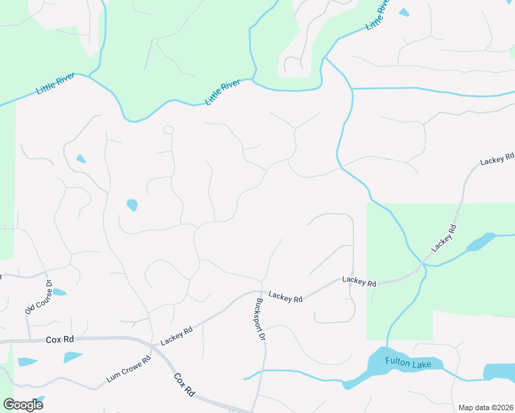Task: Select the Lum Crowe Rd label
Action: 129,370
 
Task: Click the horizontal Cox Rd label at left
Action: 59,339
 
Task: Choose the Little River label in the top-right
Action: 377,15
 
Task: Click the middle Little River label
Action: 222,92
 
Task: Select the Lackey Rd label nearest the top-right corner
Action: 497,159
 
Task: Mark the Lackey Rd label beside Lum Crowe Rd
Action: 176,336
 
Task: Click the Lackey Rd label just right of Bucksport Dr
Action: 286,297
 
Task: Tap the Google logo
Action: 23,404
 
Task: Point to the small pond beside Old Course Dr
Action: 59,293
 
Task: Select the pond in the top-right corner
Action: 403,12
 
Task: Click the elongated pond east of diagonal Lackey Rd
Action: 480,242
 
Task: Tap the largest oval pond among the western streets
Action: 132,204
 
